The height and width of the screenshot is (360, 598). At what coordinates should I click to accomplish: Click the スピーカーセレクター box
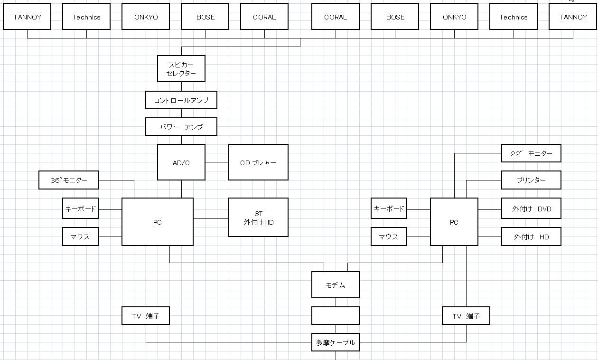point(181,68)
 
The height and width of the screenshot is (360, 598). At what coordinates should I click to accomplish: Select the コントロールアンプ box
point(181,100)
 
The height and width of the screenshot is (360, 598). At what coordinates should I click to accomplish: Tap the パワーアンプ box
point(181,127)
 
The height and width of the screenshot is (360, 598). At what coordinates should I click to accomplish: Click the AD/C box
point(181,162)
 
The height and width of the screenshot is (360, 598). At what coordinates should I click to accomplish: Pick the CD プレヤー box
point(258,162)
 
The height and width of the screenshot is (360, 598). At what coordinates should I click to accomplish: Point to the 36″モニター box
point(69,180)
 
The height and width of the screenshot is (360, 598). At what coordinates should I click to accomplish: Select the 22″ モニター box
point(531,153)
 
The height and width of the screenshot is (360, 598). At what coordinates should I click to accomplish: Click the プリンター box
point(531,180)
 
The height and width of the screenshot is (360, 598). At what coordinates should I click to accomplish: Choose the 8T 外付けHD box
point(258,217)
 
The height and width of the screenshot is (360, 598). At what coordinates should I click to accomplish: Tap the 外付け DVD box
point(531,208)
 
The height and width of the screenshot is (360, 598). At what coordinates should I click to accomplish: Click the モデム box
point(336,285)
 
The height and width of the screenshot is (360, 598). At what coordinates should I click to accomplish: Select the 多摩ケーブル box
point(336,342)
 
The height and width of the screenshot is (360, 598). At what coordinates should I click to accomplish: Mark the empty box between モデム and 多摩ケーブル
point(336,315)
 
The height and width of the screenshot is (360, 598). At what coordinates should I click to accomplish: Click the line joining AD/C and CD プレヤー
point(217,162)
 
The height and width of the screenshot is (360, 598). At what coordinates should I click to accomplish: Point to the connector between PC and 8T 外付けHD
point(211,218)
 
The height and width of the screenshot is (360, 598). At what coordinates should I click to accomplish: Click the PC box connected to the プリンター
point(454,222)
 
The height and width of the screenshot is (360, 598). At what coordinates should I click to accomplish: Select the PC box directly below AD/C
point(158,222)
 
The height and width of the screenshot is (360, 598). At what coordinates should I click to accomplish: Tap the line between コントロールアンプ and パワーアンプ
point(181,114)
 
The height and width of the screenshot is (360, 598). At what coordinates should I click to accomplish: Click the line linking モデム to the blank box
point(336,302)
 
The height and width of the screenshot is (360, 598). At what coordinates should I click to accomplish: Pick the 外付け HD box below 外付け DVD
point(531,237)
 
